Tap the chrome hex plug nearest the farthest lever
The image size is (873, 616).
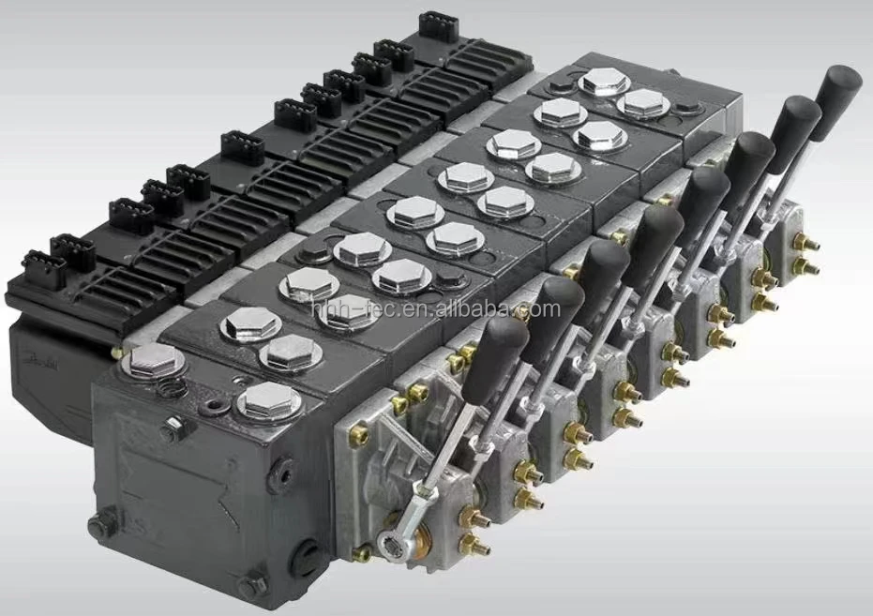(x=645, y=103)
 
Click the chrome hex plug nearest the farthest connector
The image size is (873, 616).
(x=604, y=82)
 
